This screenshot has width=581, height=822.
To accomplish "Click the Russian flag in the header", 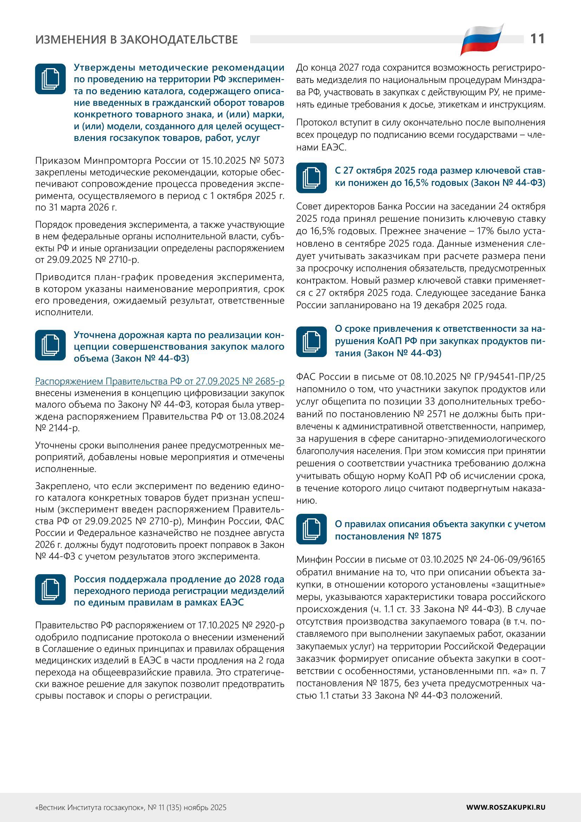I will (482, 40).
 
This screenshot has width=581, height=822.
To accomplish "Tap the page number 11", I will (537, 39).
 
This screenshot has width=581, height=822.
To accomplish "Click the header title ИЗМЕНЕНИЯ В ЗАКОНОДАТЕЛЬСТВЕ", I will (136, 39).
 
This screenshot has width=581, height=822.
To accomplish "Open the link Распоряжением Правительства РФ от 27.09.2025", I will (159, 381).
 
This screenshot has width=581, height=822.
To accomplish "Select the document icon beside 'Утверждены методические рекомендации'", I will (51, 79).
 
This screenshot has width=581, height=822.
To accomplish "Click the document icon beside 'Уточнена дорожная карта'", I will (51, 345).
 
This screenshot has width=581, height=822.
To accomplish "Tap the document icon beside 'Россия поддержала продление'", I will (51, 589).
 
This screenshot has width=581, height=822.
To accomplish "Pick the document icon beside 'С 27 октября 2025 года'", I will (311, 177).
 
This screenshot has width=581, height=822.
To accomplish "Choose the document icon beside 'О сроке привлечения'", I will (311, 342).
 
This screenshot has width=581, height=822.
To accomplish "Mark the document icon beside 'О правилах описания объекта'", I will (311, 529).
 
